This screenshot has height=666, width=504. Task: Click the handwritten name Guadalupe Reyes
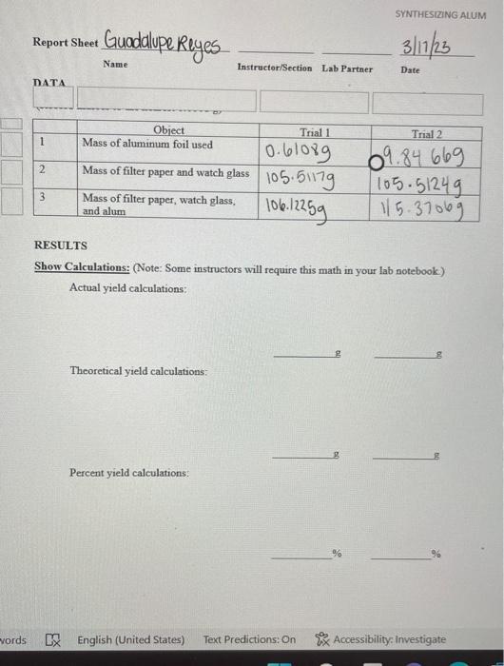coord(164,44)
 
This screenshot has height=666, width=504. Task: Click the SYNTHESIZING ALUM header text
coord(438,15)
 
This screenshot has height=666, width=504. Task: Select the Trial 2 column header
coord(427,134)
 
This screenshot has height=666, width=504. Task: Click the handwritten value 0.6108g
coord(299,151)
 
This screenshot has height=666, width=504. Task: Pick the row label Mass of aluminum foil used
coord(147,145)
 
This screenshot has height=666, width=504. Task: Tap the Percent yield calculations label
coord(128,473)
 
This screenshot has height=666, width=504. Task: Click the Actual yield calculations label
coord(127,287)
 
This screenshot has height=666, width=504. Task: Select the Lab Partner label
coord(347,69)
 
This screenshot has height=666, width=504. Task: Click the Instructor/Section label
coord(274,69)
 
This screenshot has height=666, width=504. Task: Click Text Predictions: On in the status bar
coord(249,639)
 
